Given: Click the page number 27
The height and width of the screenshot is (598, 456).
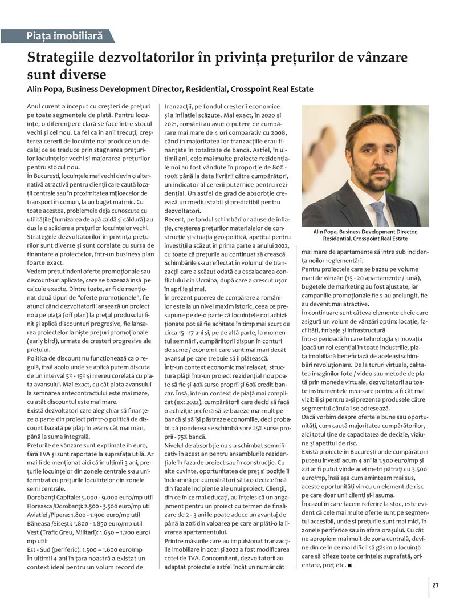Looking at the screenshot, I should [435, 585].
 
